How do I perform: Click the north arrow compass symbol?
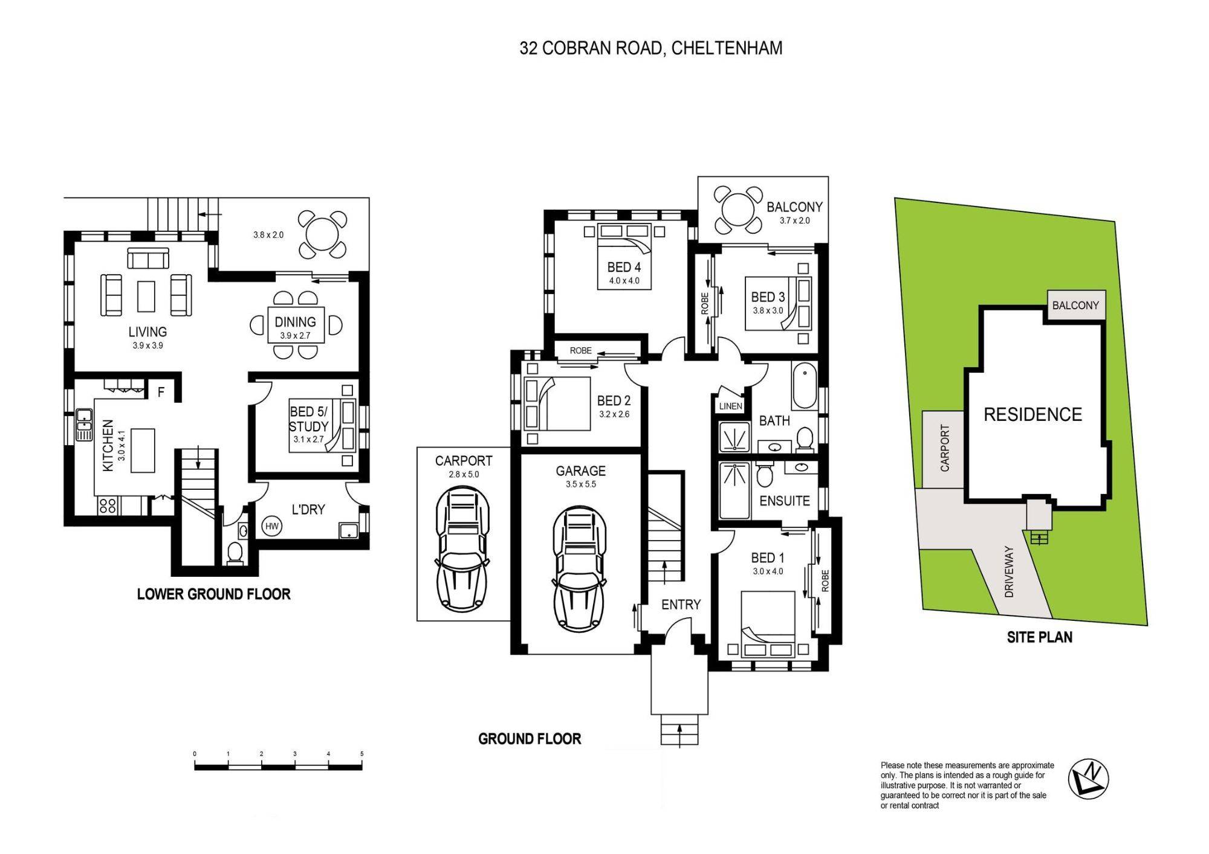(x=1087, y=779)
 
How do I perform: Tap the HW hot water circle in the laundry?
(x=272, y=526)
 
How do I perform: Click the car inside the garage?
(x=579, y=568)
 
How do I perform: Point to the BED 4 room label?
(x=624, y=267)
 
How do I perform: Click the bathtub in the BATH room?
(x=804, y=386)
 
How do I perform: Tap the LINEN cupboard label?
(x=730, y=406)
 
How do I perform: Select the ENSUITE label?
(x=784, y=501)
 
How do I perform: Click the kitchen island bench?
(x=143, y=450)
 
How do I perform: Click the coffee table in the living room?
(x=146, y=296)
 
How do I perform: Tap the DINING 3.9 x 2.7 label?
(x=295, y=327)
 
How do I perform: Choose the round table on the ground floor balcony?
(x=737, y=210)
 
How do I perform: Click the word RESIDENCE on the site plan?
(x=1032, y=414)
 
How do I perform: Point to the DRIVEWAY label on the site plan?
(x=1008, y=572)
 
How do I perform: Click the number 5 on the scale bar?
(x=361, y=754)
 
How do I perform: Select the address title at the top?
(x=650, y=48)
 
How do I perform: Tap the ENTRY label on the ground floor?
(x=681, y=605)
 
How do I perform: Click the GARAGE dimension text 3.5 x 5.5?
(x=580, y=484)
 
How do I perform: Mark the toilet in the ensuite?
(x=765, y=475)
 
